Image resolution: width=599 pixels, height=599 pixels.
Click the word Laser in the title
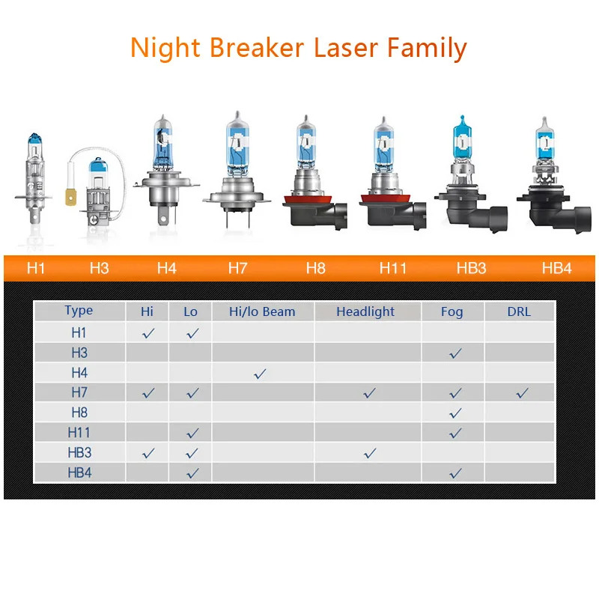(347, 48)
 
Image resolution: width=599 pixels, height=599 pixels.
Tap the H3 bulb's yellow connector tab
(70, 198)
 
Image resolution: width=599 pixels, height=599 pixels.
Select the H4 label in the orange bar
(166, 268)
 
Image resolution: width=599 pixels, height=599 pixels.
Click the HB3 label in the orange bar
(472, 268)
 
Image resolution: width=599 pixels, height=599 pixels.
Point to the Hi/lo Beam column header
(262, 311)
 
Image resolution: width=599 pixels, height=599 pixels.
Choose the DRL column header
(519, 311)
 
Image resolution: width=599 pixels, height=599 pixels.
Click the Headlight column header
(365, 311)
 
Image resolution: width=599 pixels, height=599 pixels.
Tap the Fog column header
(452, 311)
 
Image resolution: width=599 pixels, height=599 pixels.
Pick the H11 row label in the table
(79, 433)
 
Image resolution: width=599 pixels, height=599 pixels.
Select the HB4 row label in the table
(79, 473)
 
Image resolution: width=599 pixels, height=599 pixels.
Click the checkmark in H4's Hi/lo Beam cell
(260, 374)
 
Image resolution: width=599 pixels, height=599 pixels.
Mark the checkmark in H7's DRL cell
(522, 393)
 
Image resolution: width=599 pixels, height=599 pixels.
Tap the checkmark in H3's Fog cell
(455, 353)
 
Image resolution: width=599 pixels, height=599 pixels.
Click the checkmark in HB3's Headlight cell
(370, 454)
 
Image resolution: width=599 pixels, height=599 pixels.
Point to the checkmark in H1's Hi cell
(148, 333)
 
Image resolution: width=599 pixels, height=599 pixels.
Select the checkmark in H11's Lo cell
(192, 434)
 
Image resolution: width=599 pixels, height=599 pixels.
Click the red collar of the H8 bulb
(307, 200)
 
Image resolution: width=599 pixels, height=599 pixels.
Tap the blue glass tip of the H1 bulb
(34, 139)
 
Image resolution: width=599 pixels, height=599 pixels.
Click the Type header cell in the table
(79, 311)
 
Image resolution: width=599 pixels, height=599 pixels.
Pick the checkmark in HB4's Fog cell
(455, 474)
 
